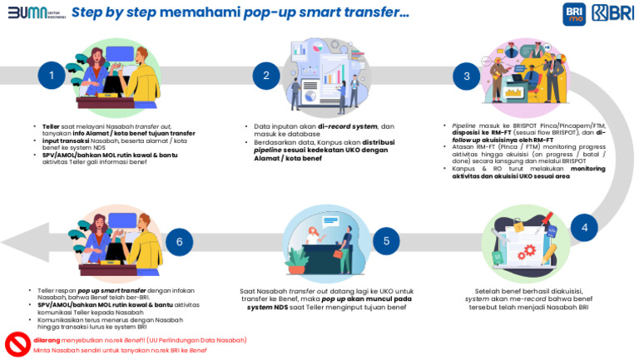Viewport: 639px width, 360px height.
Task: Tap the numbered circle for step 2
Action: [x=266, y=76]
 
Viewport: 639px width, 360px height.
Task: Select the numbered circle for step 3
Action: [x=467, y=76]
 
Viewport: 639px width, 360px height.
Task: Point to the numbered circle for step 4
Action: [x=584, y=227]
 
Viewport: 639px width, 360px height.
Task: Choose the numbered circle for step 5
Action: [x=386, y=242]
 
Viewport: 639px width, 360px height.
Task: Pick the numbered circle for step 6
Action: [x=178, y=242]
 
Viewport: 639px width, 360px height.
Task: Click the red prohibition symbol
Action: [x=17, y=343]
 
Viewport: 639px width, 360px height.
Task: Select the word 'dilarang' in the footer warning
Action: [x=48, y=340]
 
